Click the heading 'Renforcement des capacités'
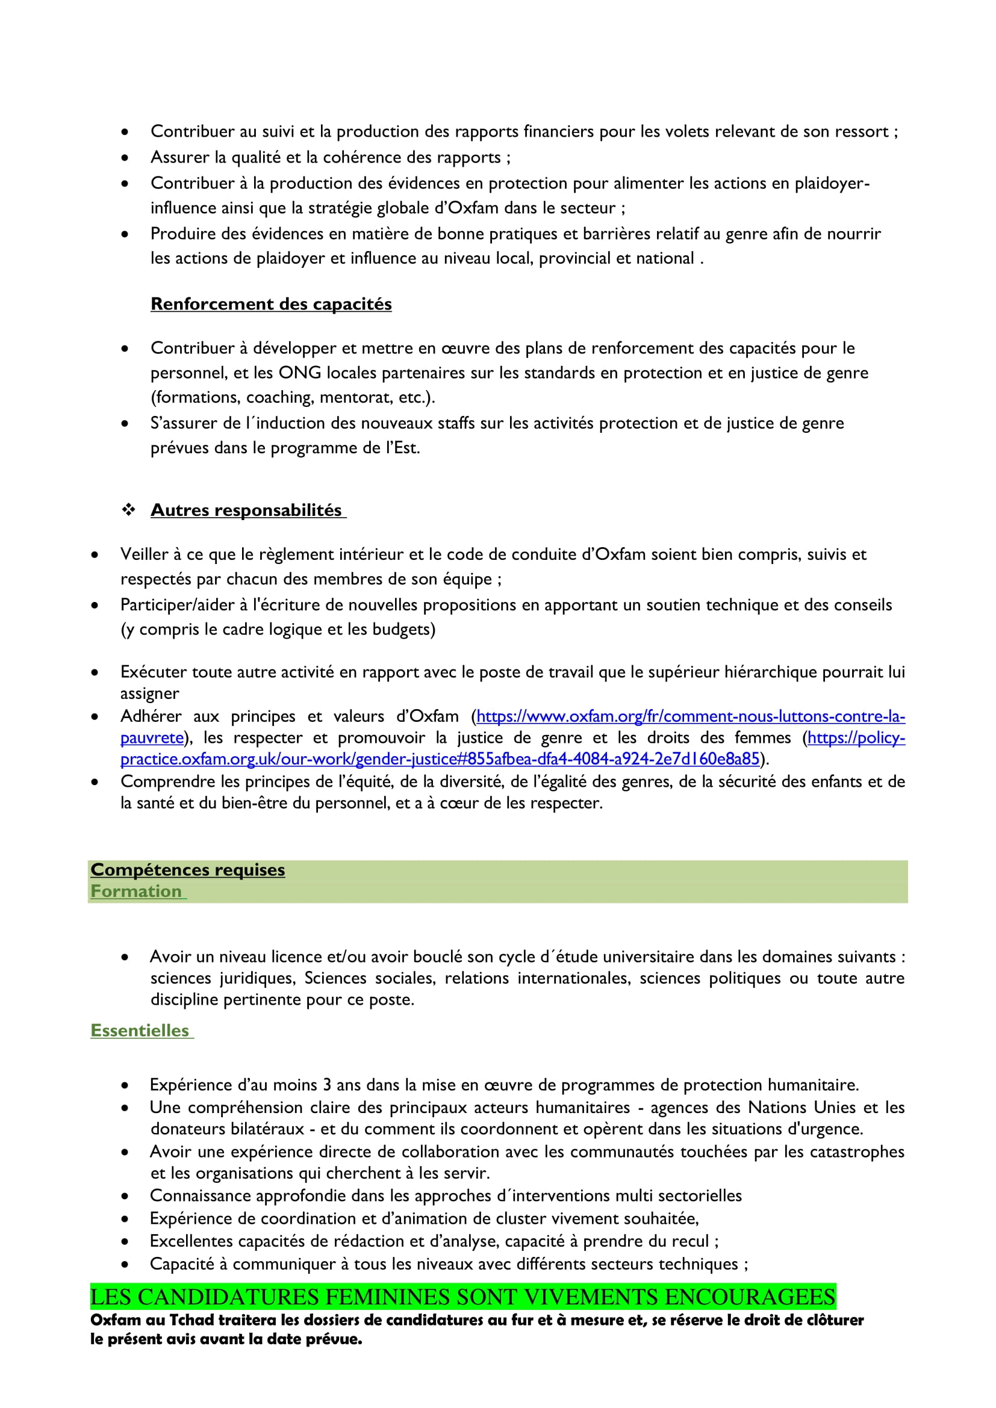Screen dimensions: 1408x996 (x=271, y=304)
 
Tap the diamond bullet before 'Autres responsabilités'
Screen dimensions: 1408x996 (x=129, y=510)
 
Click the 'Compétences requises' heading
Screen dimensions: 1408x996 (x=188, y=870)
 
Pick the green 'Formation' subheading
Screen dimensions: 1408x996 (x=136, y=891)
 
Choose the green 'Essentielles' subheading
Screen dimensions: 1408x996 (x=140, y=1030)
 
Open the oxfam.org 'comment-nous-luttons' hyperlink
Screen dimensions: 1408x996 (x=691, y=716)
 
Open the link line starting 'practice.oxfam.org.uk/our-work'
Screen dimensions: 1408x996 (x=440, y=759)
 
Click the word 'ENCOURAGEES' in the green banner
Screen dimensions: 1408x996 (x=750, y=1297)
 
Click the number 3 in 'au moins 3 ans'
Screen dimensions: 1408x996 (x=327, y=1085)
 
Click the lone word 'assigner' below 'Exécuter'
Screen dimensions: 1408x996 (x=150, y=693)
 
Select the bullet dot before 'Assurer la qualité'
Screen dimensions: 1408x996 (x=125, y=158)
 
